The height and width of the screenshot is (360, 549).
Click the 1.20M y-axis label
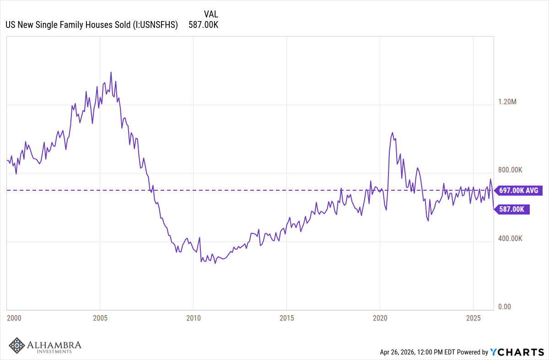click(507, 102)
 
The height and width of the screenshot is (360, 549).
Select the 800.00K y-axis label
click(510, 170)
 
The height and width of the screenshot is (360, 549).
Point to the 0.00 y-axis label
click(504, 307)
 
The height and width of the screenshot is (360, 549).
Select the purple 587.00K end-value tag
click(511, 209)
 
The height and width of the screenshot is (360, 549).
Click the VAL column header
click(211, 14)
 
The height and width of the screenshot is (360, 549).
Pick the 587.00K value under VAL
click(203, 25)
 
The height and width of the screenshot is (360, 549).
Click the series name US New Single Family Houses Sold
click(91, 25)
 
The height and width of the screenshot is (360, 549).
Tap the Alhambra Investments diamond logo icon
click(17, 345)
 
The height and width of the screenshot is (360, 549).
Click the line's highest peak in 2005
click(111, 72)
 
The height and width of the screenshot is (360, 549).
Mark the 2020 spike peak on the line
click(392, 133)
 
